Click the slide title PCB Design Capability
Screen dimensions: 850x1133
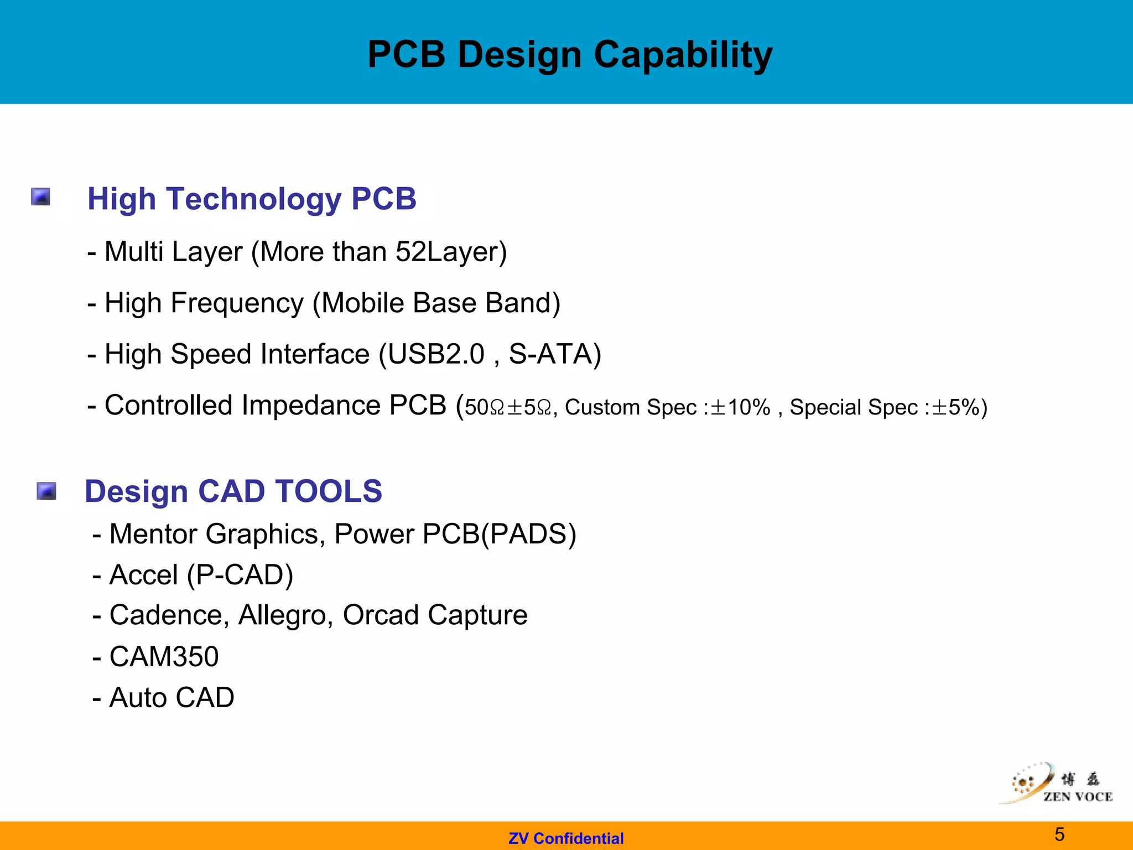coord(570,55)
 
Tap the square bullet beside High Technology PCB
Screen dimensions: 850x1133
coord(40,197)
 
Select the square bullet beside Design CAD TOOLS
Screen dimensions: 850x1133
coord(46,491)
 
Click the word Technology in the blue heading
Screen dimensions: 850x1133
coord(253,199)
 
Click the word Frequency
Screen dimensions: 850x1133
coord(237,303)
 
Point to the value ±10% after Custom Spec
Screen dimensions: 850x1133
coord(740,408)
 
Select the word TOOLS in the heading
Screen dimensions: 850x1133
coord(329,491)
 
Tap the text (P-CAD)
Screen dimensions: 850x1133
coord(240,575)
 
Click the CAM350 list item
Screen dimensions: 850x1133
coord(164,657)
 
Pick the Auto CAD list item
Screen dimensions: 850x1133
coord(171,697)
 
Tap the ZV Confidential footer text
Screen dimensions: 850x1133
coord(566,838)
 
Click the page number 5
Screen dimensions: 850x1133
coord(1059,834)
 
